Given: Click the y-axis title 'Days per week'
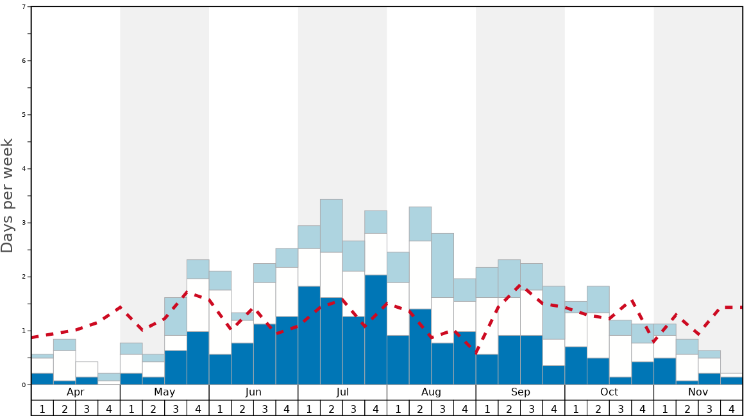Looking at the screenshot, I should [x=8, y=195].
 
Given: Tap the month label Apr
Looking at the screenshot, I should [x=76, y=392].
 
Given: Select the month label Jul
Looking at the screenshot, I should [x=342, y=392].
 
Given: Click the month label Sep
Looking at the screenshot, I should [x=520, y=392].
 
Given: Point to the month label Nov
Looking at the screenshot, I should [x=698, y=392].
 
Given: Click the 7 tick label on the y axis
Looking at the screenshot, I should [x=24, y=7].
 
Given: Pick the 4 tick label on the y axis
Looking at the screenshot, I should [x=24, y=169].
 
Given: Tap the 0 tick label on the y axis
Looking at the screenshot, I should [x=24, y=385].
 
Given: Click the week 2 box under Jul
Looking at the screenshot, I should [x=332, y=408].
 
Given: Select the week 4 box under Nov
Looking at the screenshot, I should [x=732, y=408].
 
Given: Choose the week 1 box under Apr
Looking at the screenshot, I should [x=42, y=408].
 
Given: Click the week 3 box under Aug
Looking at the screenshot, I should [x=442, y=408].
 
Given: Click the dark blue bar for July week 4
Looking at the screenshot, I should [x=376, y=330].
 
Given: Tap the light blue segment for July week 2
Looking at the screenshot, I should [x=332, y=225].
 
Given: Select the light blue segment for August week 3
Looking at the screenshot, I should [x=442, y=265].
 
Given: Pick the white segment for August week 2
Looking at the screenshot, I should [x=420, y=275].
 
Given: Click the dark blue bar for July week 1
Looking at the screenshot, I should [x=309, y=335].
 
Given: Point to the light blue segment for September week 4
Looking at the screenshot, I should [x=553, y=313].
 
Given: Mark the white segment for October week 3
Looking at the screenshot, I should [x=620, y=356].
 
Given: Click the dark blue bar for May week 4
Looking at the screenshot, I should [x=198, y=358].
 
